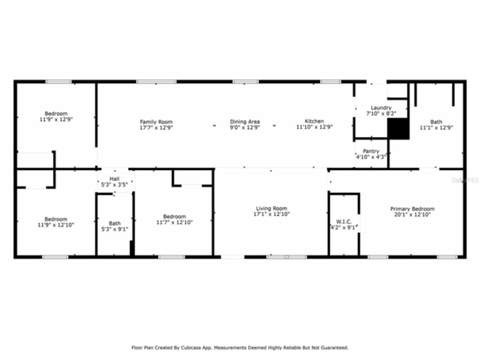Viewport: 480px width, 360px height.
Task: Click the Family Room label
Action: [156, 122]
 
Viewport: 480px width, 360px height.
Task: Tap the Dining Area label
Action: [244, 121]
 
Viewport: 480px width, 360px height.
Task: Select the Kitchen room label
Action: [314, 121]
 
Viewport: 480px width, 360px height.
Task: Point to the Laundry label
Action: [381, 108]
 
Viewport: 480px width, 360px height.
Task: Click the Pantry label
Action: [371, 151]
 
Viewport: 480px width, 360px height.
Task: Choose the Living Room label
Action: [271, 208]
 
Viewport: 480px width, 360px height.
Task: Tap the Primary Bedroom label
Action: [412, 209]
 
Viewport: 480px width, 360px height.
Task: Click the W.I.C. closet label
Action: [344, 222]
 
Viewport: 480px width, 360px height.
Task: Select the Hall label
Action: [114, 179]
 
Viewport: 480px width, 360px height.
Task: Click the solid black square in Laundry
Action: [398, 129]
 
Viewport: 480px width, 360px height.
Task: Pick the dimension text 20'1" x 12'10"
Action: [412, 215]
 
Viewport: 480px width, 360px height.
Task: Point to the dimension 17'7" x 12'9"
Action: [156, 128]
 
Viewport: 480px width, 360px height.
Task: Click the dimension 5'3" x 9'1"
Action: [115, 229]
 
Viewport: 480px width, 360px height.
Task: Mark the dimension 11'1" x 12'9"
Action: [436, 127]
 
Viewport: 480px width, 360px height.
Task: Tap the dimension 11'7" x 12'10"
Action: [174, 222]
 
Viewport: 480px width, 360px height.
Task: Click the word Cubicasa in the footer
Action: [190, 348]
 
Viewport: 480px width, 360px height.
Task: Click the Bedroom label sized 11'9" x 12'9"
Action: [56, 114]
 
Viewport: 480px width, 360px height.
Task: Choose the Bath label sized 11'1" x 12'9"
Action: [436, 122]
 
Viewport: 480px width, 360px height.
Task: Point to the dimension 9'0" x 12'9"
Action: [244, 127]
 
